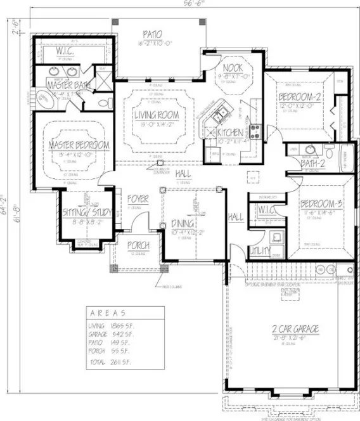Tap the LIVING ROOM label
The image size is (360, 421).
[155, 115]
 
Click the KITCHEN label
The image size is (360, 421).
[229, 134]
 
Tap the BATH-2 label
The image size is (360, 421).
[313, 164]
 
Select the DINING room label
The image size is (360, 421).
[184, 223]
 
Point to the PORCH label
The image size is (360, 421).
[138, 245]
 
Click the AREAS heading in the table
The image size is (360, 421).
[108, 313]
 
